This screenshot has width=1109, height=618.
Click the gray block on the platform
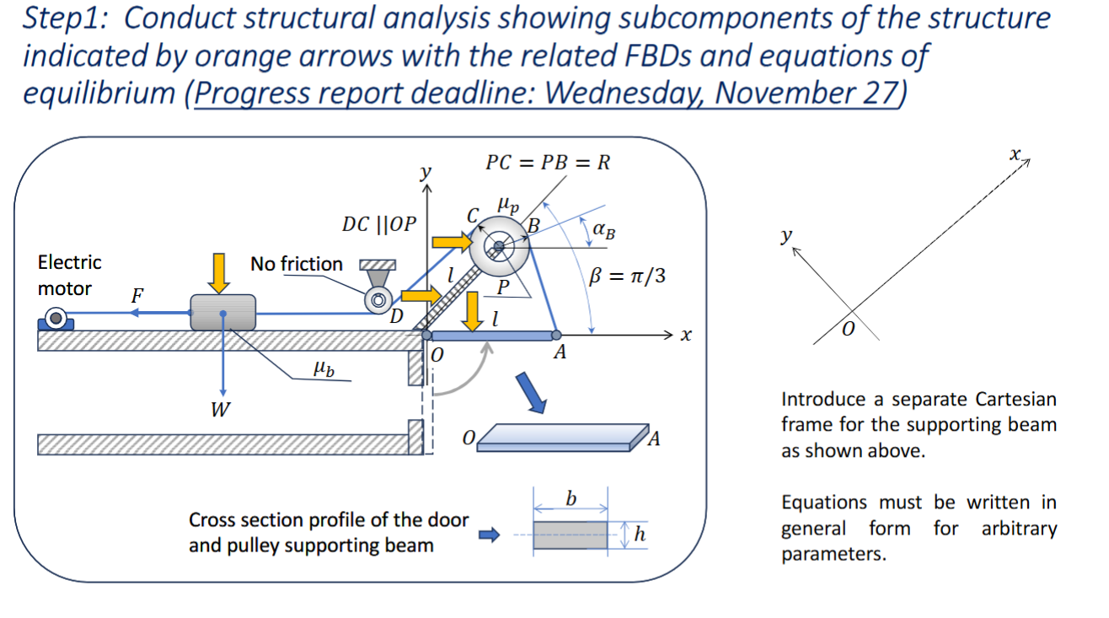(x=223, y=312)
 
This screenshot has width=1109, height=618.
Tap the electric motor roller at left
(x=56, y=319)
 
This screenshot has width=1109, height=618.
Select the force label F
(x=137, y=296)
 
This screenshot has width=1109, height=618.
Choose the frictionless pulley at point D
(x=377, y=298)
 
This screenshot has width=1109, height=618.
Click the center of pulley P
(x=499, y=246)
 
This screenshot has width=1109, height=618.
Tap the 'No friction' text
(x=296, y=264)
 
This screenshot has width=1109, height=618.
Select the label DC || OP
(x=378, y=224)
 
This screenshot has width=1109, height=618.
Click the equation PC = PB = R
(x=547, y=162)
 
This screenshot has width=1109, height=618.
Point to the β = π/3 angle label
(x=628, y=276)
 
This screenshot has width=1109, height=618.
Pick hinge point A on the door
(x=556, y=336)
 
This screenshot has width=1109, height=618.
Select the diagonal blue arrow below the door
(x=530, y=393)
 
